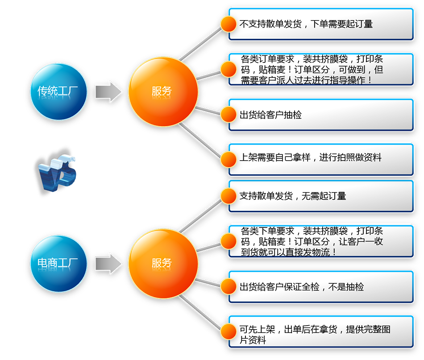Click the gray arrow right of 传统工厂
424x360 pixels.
pos(108,92)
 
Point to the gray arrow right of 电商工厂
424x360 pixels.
pos(108,263)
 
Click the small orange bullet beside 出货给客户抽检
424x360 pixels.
pos(229,114)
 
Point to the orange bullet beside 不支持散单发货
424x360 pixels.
pos(229,24)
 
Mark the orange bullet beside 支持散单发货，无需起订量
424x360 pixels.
pos(229,196)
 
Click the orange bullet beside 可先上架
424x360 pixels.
pos(229,331)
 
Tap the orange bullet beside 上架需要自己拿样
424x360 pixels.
pos(229,158)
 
